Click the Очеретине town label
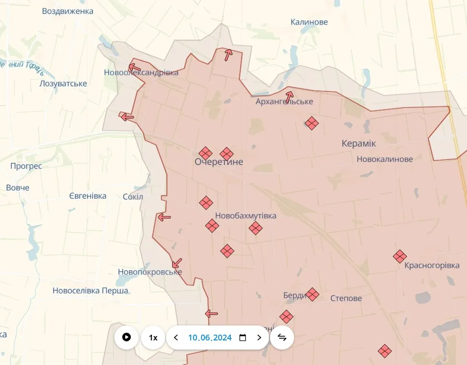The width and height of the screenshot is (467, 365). [x=219, y=162]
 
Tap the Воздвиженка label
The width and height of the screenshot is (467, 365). [x=68, y=11]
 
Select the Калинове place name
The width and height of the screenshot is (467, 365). [x=309, y=22]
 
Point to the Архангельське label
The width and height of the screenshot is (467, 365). [x=284, y=102]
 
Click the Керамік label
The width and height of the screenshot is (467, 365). [x=358, y=144]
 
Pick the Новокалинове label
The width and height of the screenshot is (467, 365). [x=384, y=159]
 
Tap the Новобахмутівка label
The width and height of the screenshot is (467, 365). [x=246, y=216]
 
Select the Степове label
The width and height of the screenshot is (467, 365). [x=346, y=298]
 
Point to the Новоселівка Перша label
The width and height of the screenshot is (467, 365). [x=90, y=291]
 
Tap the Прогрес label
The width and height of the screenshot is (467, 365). [x=26, y=166]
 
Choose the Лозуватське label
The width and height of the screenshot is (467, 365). [x=63, y=83]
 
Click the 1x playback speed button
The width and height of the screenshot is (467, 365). [x=153, y=338]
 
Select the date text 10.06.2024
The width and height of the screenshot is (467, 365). [x=210, y=338]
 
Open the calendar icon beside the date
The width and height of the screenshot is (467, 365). [x=243, y=338]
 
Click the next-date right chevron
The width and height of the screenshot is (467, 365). [x=259, y=338]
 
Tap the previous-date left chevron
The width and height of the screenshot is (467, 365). [x=176, y=338]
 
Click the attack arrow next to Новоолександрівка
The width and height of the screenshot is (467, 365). [x=135, y=68]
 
